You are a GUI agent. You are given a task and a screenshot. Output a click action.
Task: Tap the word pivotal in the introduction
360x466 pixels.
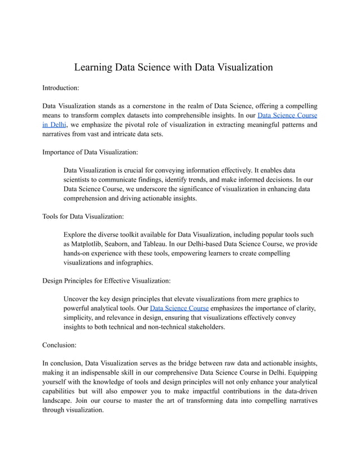pyautogui.click(x=139, y=125)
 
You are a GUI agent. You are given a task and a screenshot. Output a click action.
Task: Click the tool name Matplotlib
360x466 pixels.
pyautogui.click(x=82, y=244)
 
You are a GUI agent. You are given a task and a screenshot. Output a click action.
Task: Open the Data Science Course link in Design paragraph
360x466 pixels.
pyautogui.click(x=179, y=308)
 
